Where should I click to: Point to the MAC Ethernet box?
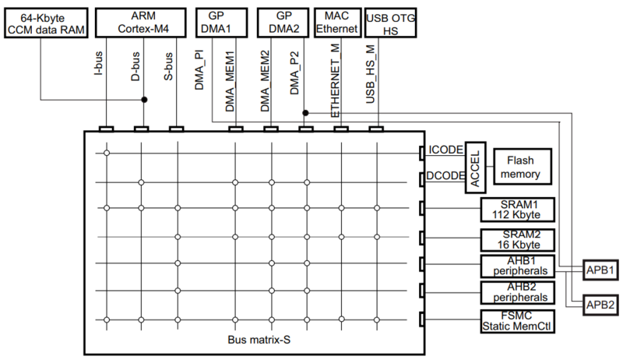click(x=338, y=22)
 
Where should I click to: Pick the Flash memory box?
click(x=520, y=165)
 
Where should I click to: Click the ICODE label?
click(x=445, y=150)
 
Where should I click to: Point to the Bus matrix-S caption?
click(x=253, y=341)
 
